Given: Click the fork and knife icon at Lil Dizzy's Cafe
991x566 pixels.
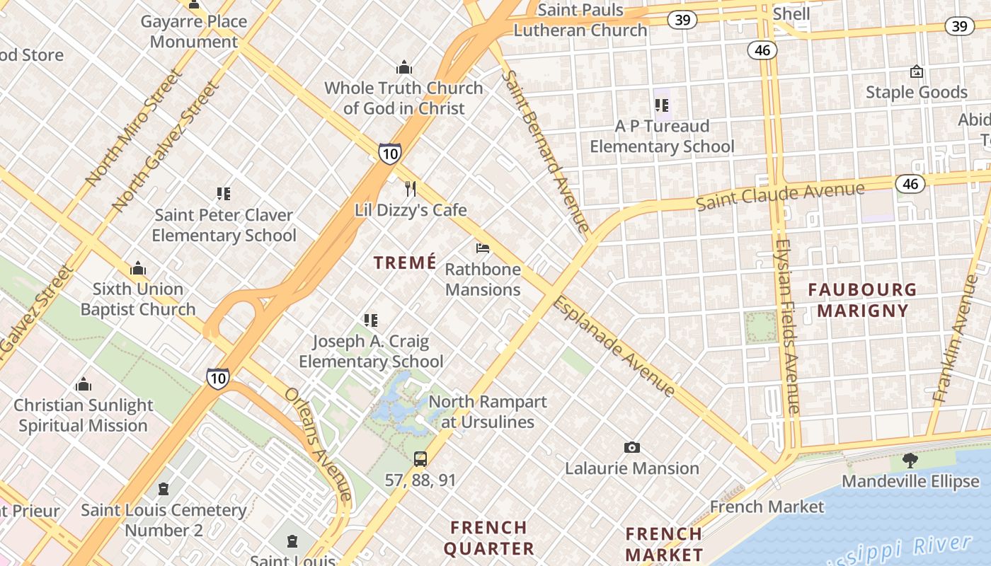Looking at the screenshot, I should point(410,189).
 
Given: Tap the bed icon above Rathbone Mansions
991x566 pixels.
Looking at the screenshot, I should point(483,248).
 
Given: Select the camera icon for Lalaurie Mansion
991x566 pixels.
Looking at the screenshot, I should point(632,447).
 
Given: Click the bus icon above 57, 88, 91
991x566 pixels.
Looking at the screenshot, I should point(420,458).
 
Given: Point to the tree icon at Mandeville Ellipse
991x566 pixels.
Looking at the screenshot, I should point(910,461).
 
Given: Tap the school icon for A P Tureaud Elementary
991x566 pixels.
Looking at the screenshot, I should point(662,105).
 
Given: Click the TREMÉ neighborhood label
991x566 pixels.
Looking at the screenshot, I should point(405,262).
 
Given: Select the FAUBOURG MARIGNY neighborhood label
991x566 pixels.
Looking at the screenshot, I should point(862,300).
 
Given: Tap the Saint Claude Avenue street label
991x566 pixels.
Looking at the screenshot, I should point(780,195).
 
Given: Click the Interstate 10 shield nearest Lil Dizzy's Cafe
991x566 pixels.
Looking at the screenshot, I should point(389,154).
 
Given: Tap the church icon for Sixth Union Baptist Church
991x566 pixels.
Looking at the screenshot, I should point(138,268).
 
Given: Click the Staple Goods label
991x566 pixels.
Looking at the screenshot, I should point(916,92).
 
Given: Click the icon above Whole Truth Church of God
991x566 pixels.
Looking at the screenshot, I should point(404,67).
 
